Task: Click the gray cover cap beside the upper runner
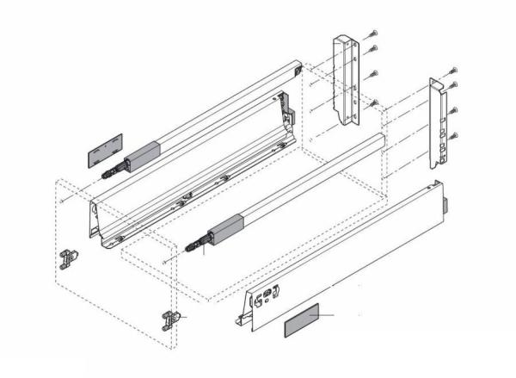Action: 101,153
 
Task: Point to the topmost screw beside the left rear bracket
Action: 373,33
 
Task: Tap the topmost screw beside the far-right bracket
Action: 454,69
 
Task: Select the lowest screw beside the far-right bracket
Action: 454,134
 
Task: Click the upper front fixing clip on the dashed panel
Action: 69,257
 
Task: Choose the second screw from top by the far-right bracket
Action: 454,85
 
